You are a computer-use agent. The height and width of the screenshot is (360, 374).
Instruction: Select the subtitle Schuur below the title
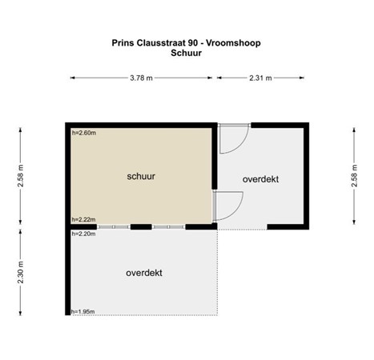click(x=186, y=54)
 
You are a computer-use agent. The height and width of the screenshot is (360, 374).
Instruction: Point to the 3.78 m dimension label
click(x=142, y=78)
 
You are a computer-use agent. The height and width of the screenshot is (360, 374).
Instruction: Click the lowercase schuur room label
click(x=140, y=174)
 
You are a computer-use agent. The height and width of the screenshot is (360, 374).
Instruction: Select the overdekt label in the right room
click(x=261, y=179)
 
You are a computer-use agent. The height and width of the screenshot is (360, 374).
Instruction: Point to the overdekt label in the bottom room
click(x=144, y=273)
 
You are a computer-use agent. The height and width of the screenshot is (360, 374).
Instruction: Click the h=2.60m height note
click(x=83, y=133)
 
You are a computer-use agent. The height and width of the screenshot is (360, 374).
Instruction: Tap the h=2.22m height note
click(x=83, y=218)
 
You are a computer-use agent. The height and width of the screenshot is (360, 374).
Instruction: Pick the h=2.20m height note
click(x=83, y=234)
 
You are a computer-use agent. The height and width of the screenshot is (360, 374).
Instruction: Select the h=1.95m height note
click(x=83, y=311)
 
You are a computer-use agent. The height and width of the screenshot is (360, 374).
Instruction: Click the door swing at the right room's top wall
click(x=233, y=138)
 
